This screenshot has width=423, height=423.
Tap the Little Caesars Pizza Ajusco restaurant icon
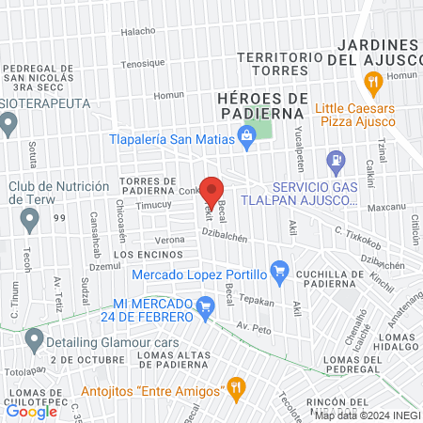[373, 85]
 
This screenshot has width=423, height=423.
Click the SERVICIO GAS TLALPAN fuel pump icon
[335, 162]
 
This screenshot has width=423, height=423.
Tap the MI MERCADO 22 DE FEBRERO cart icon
[206, 305]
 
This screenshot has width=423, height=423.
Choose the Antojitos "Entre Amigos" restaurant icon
[236, 388]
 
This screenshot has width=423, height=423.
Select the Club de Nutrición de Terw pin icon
[29, 220]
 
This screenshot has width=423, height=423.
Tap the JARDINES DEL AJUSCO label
[375, 53]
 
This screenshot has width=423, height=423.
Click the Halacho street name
[137, 31]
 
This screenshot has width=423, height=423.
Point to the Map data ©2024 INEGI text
[368, 415]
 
